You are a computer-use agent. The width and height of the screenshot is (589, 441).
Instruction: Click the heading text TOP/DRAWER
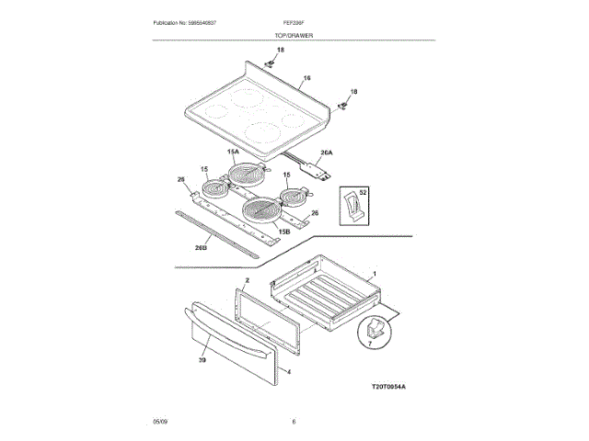pyautogui.click(x=294, y=35)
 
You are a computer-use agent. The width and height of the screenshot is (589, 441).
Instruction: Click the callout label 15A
pyautogui.click(x=233, y=151)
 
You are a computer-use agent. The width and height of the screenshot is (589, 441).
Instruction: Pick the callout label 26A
pyautogui.click(x=326, y=153)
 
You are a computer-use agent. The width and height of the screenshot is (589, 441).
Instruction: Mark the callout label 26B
pyautogui.click(x=202, y=247)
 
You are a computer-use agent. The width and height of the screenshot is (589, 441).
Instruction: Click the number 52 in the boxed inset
pyautogui.click(x=364, y=193)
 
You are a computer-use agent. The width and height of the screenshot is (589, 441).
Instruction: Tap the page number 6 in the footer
pyautogui.click(x=294, y=422)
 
